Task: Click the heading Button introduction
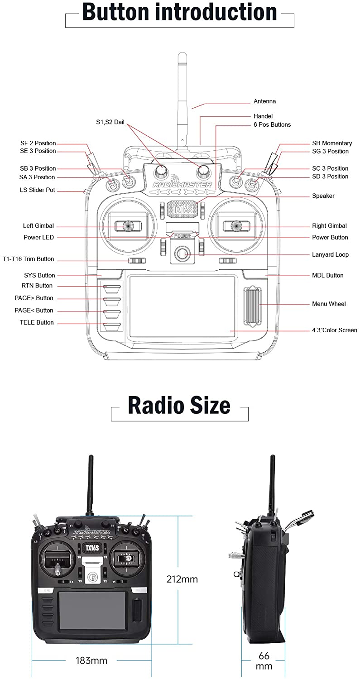[x=179, y=13]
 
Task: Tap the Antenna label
[x=264, y=101]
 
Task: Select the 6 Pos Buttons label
[x=272, y=124]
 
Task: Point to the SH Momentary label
[x=331, y=143]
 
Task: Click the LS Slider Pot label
[x=38, y=190]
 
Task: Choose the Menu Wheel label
[x=329, y=304]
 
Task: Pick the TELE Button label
[x=37, y=322]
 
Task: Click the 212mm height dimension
[x=182, y=579]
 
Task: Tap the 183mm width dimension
[x=91, y=660]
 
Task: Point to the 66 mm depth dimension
[x=264, y=660]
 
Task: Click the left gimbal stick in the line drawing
[x=129, y=225]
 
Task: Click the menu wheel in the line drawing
[x=253, y=306]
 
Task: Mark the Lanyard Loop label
[x=330, y=254]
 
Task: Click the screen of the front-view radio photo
[x=92, y=611]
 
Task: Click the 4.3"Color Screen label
[x=334, y=330]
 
